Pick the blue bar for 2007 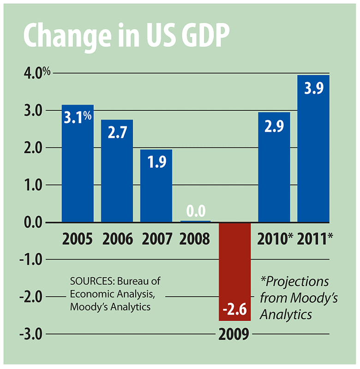click(x=156, y=194)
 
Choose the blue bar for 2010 click(x=274, y=175)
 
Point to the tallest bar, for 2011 click(x=313, y=157)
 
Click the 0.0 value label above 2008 click(x=195, y=212)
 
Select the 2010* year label click(x=276, y=239)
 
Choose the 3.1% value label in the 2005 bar click(x=78, y=118)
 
